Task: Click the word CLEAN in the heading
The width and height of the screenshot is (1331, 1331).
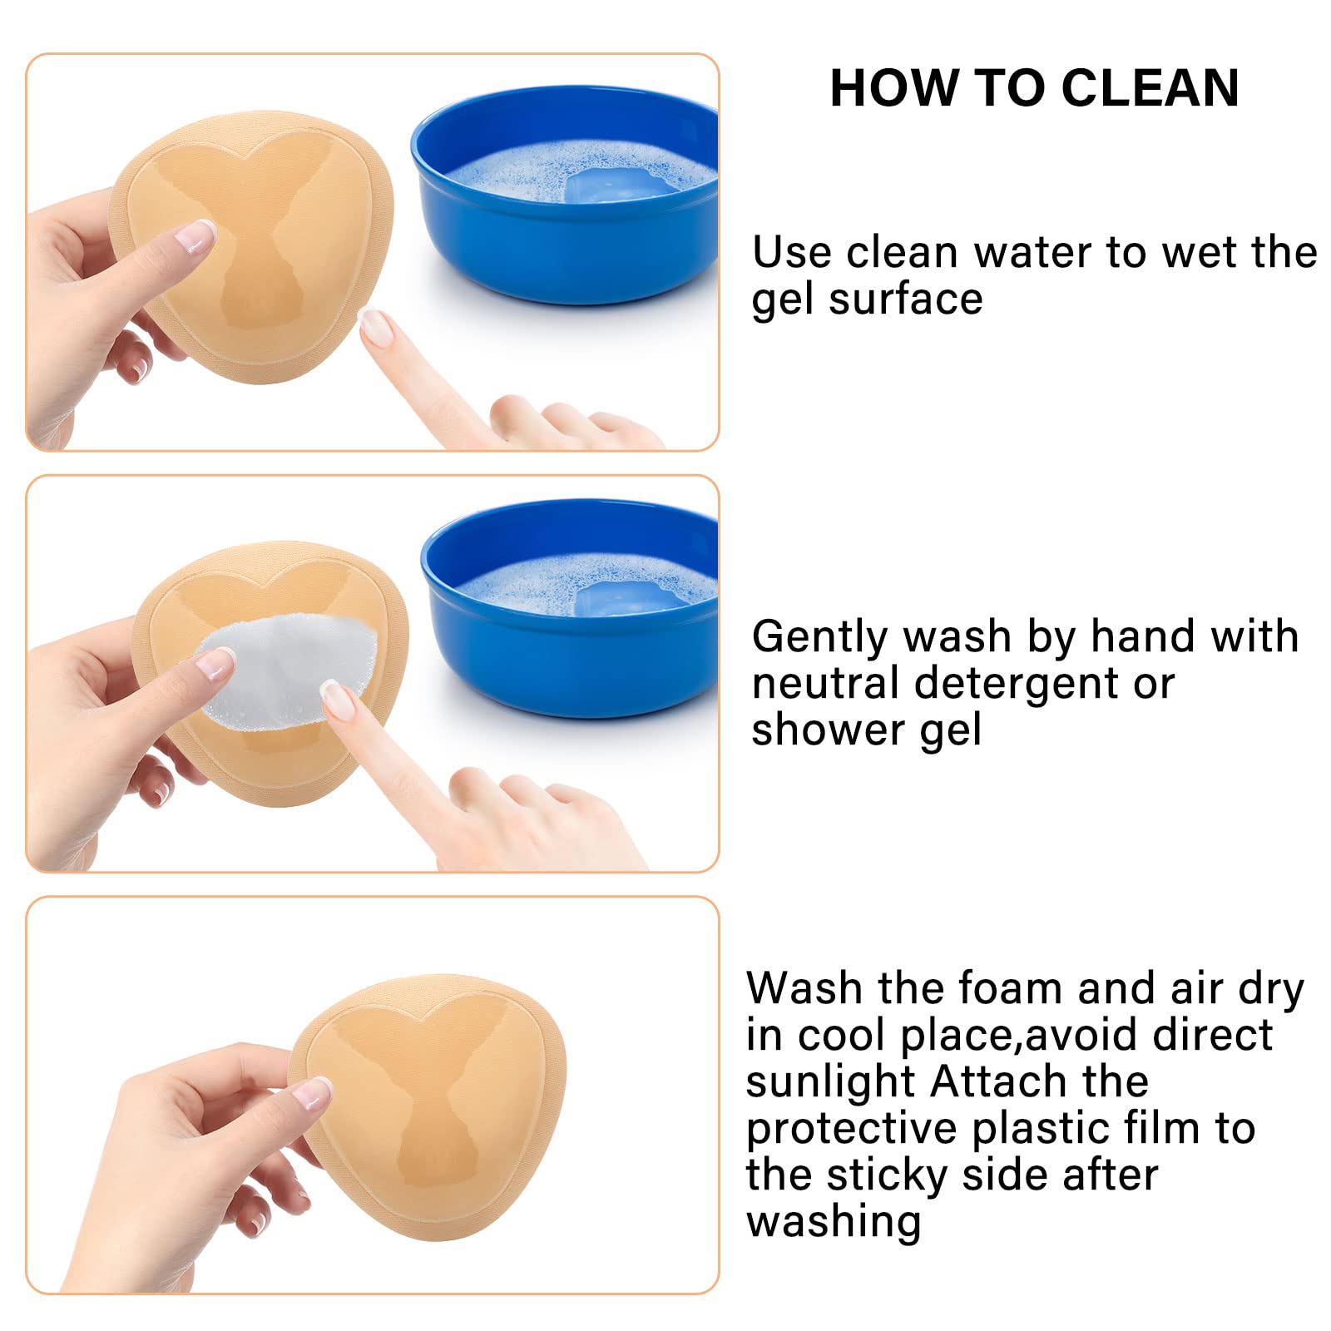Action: tap(1150, 88)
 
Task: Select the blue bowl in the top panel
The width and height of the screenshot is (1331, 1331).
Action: tap(565, 195)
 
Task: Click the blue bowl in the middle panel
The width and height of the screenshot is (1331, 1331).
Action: tap(570, 608)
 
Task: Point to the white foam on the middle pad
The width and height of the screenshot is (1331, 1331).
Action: tap(287, 673)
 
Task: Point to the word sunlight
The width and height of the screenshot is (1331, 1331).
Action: tap(831, 1082)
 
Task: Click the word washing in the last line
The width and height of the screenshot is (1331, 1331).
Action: tap(834, 1222)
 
